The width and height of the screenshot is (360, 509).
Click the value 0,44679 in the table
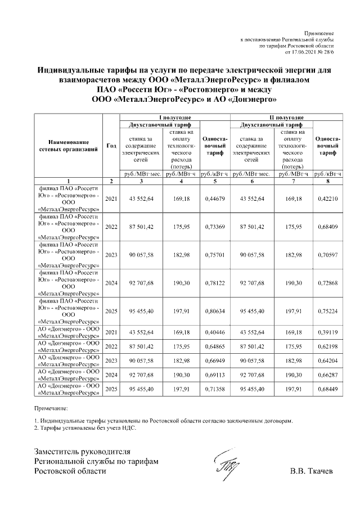[214, 199]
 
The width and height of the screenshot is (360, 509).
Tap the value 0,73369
[214, 227]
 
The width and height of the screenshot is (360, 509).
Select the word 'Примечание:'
[51, 407]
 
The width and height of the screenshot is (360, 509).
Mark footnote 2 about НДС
[85, 427]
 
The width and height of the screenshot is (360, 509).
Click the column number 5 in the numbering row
[214, 181]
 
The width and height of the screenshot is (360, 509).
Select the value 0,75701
[214, 255]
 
